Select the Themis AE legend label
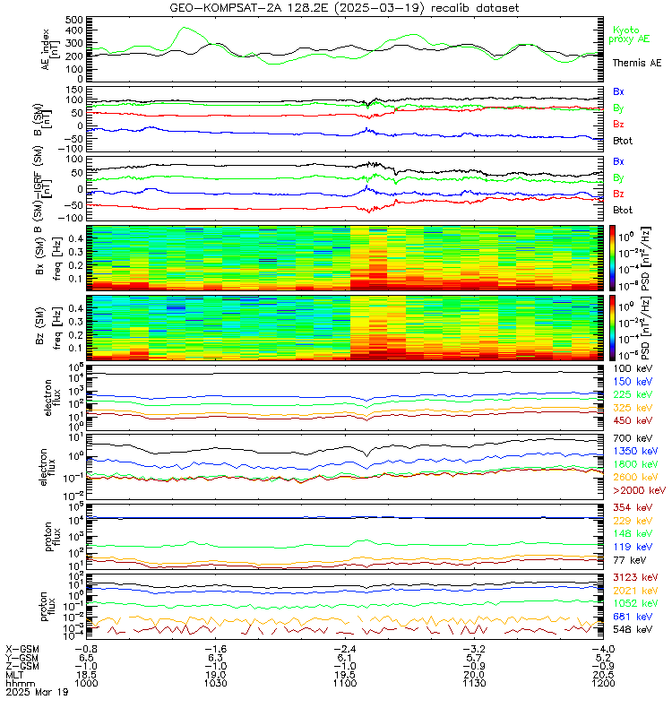[x=636, y=64]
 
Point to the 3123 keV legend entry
[x=633, y=578]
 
